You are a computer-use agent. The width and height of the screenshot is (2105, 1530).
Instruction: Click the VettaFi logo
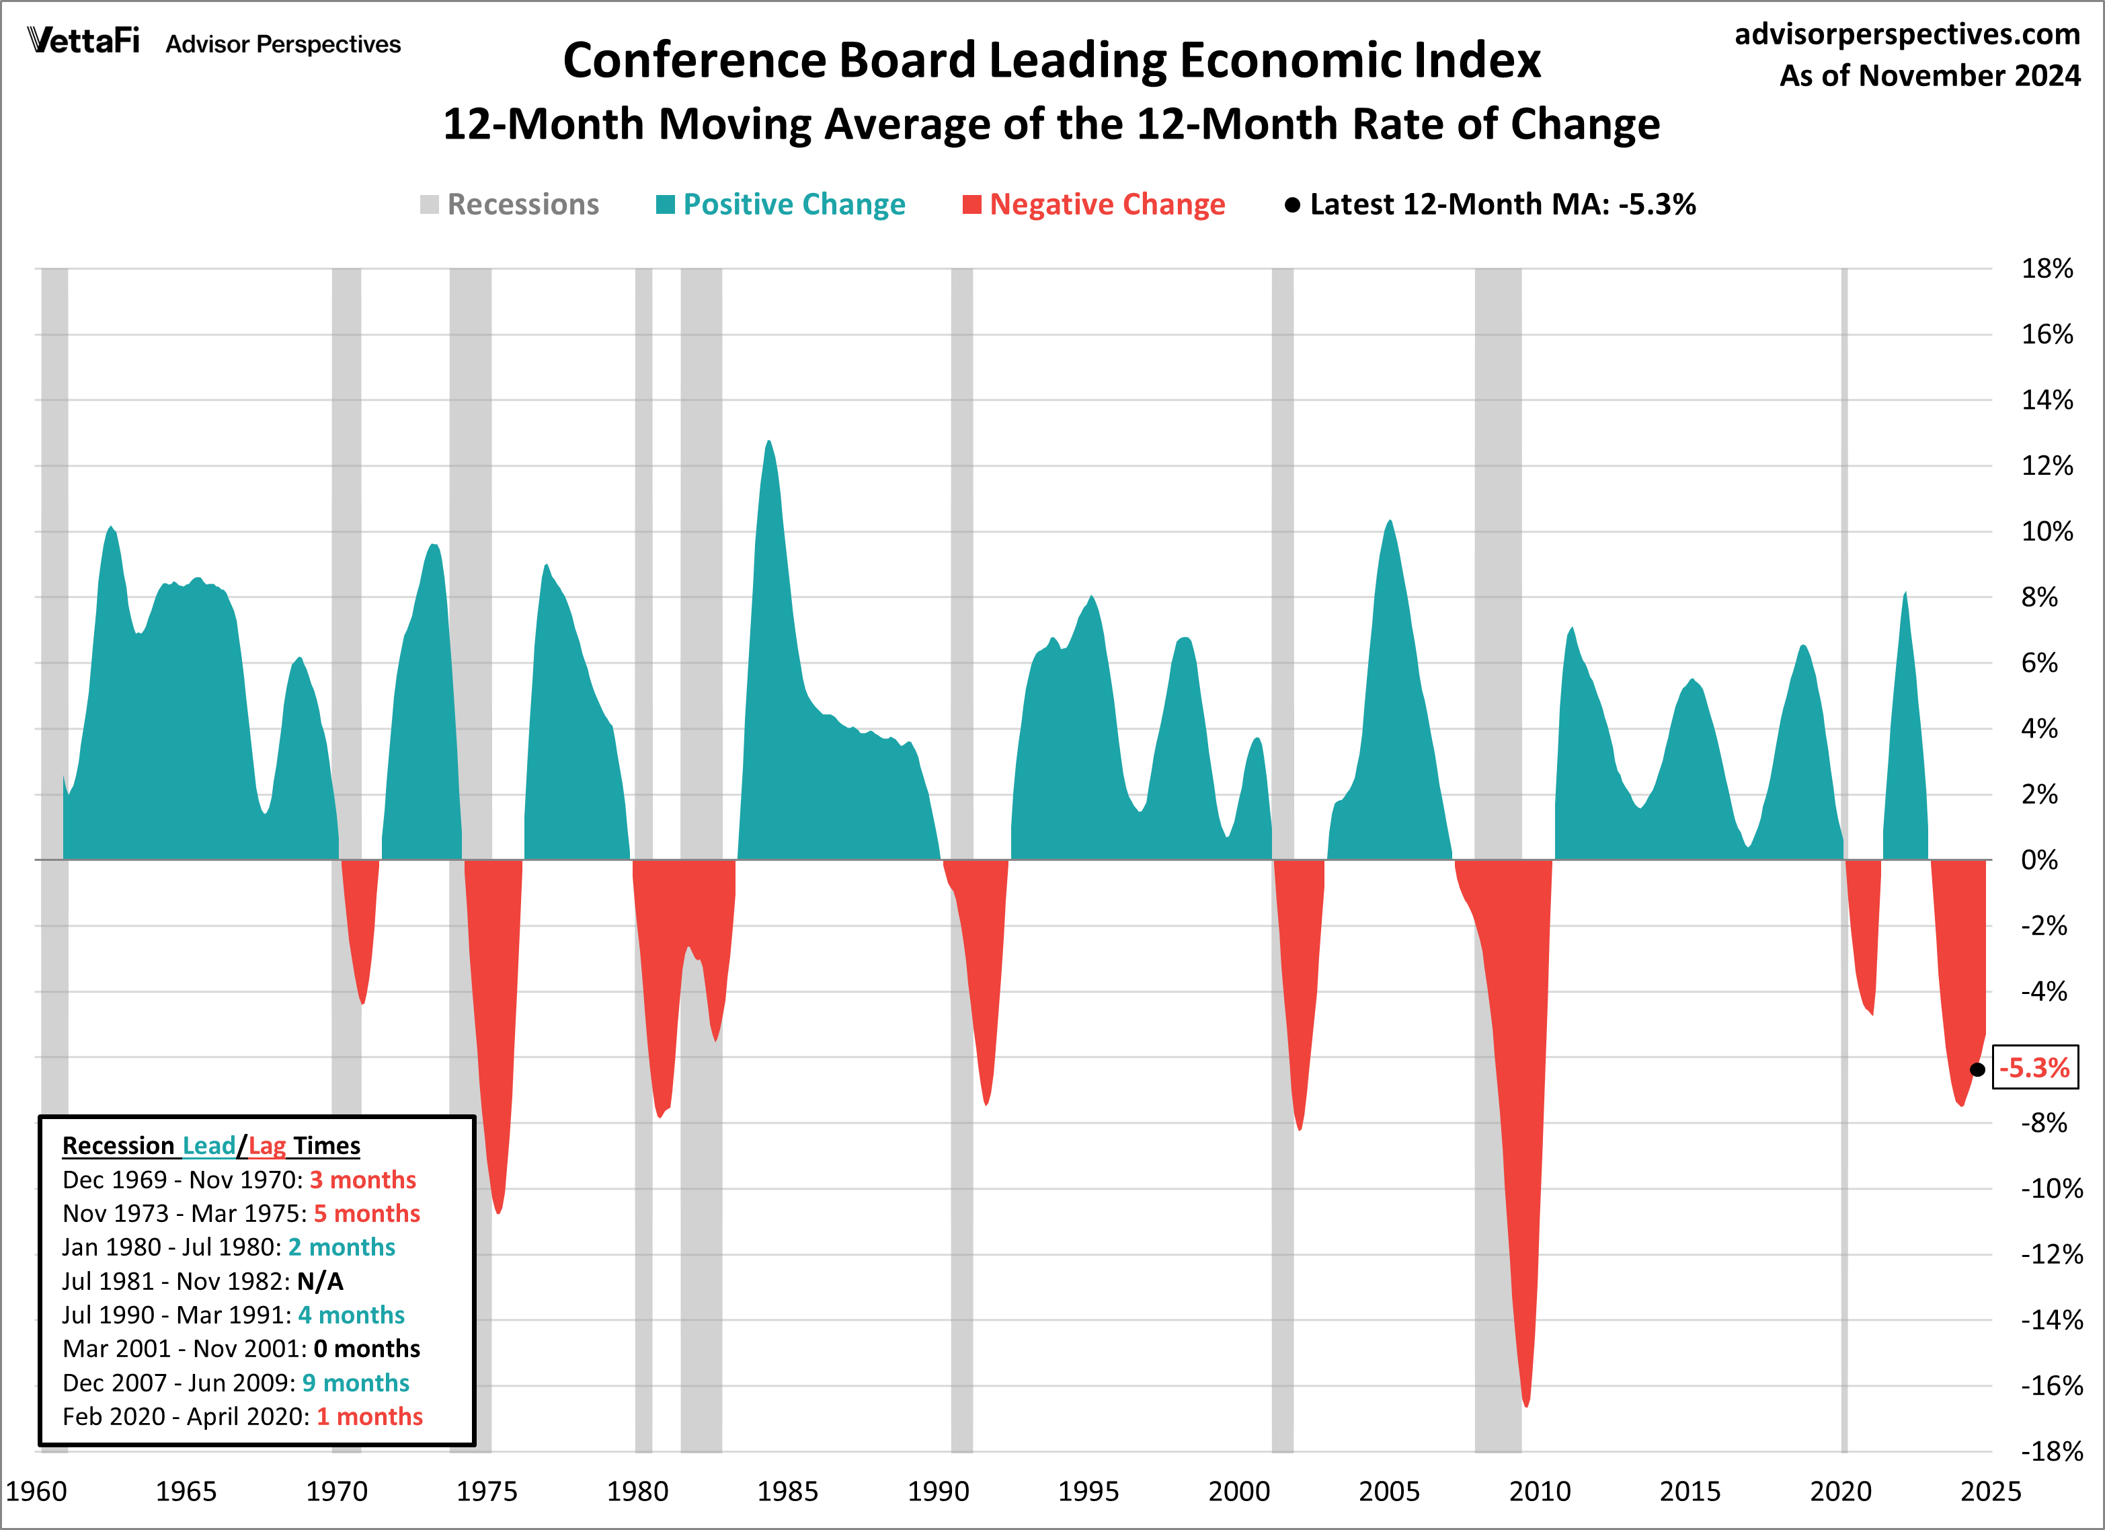tap(83, 41)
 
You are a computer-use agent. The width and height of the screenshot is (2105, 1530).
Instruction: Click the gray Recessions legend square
tap(429, 204)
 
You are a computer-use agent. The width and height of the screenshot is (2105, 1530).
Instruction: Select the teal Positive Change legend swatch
tap(664, 204)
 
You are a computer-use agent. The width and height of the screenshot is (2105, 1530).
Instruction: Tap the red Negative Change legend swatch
tap(971, 204)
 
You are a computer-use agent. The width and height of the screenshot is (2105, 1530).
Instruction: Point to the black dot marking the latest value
tap(1977, 1069)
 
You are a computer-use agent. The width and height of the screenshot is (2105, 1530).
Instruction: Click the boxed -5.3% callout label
tap(2034, 1068)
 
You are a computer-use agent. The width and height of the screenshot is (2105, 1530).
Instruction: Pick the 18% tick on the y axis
tap(2047, 268)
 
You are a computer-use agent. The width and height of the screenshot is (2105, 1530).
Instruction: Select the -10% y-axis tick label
tap(2051, 1188)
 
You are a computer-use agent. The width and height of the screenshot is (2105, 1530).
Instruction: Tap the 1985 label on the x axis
tap(787, 1491)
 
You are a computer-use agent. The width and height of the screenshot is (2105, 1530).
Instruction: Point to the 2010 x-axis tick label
tap(1540, 1491)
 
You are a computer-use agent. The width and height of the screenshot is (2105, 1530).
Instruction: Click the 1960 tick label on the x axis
tap(36, 1491)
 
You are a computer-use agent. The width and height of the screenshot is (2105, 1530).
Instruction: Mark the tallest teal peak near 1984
tap(768, 443)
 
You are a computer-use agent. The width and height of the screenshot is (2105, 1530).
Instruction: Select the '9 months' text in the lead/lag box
tap(356, 1383)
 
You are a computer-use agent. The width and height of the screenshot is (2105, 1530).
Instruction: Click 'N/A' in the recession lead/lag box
tap(320, 1281)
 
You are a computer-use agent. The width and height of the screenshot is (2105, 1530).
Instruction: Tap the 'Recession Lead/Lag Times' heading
tap(210, 1145)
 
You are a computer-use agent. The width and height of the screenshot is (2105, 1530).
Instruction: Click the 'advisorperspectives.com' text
tap(1907, 34)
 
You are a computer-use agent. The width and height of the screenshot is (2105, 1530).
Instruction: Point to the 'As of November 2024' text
tap(1930, 75)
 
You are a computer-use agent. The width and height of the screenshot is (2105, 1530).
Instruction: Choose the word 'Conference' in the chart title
tap(693, 61)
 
